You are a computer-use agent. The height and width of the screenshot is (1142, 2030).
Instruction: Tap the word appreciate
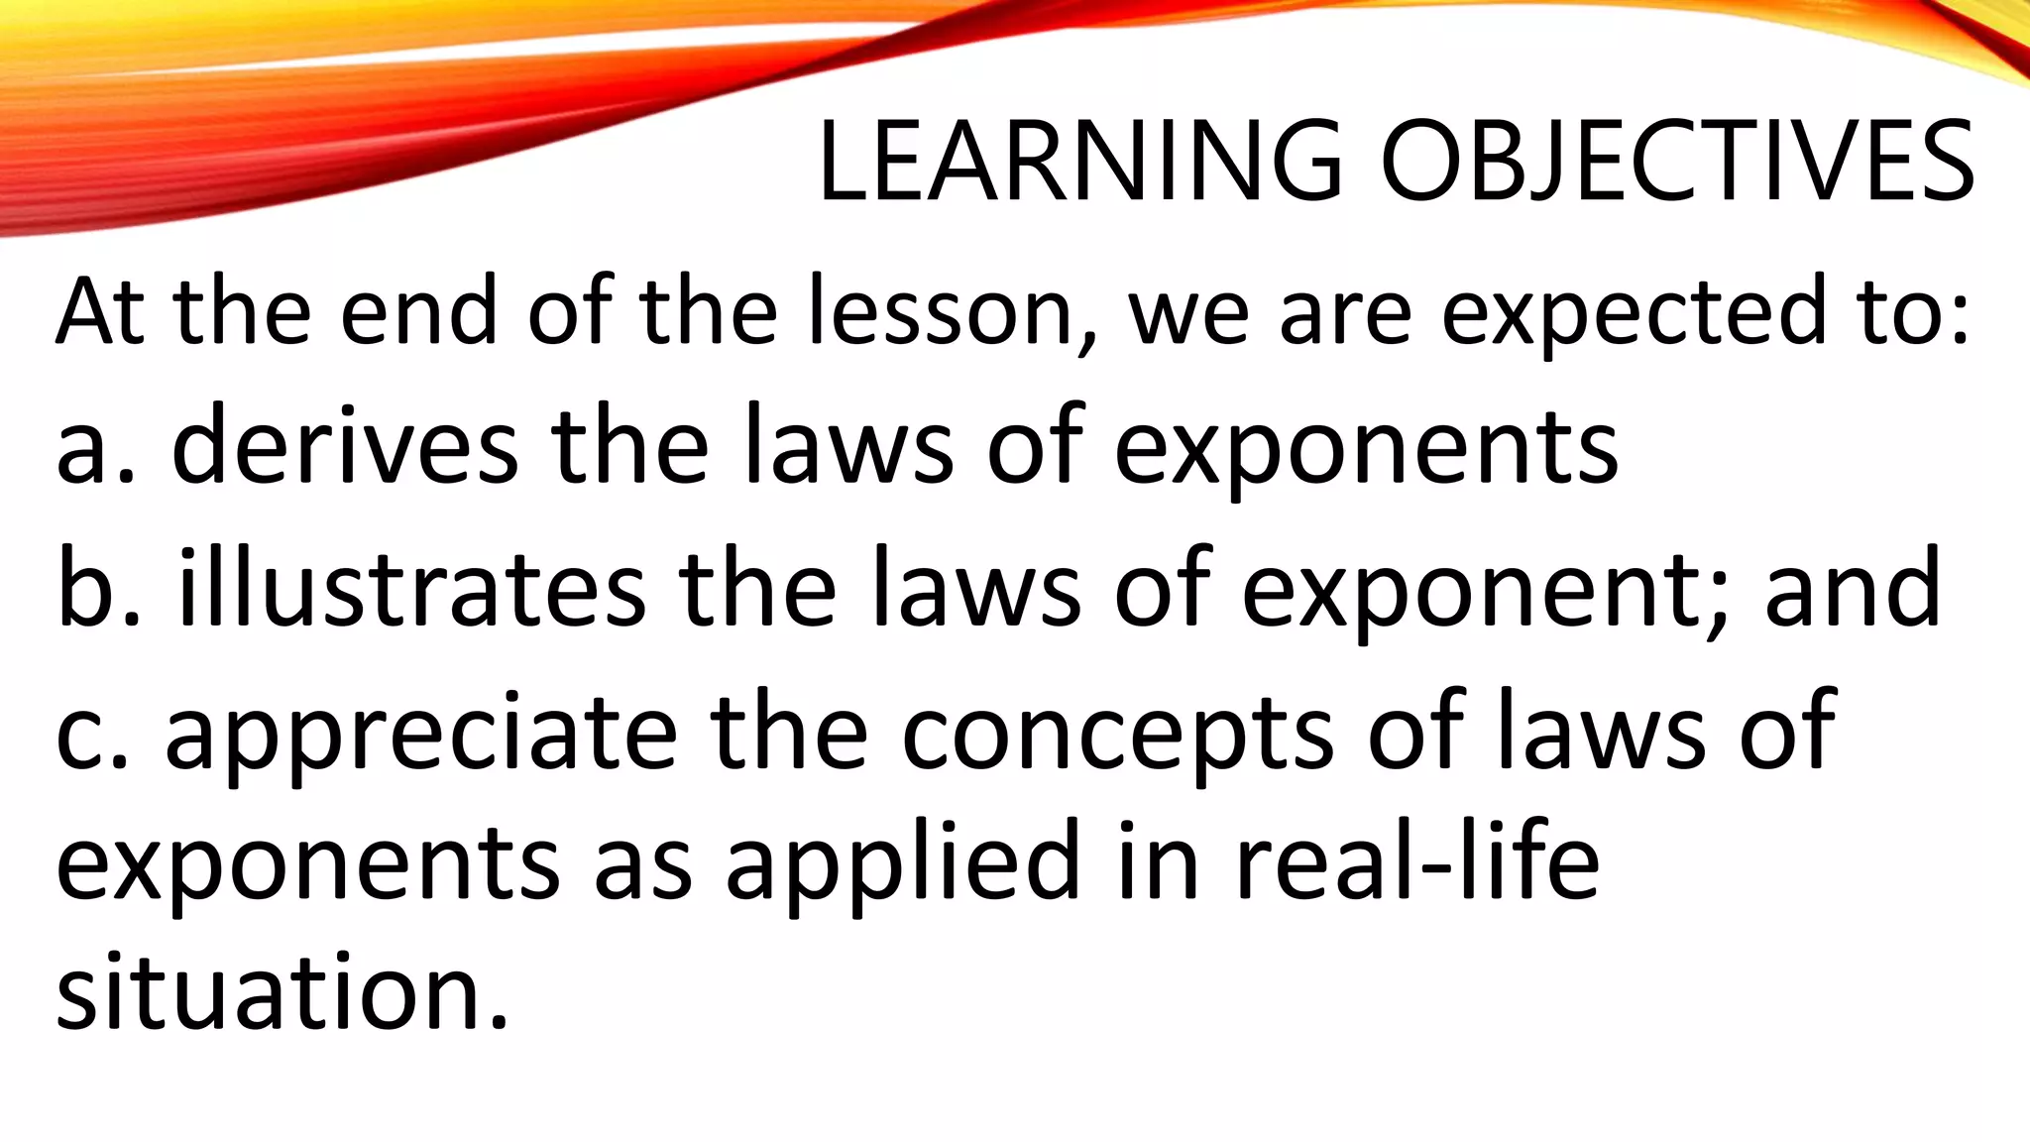click(x=420, y=735)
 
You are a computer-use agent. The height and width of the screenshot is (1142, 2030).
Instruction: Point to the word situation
click(x=282, y=991)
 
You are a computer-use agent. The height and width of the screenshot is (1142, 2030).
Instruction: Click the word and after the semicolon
click(x=1853, y=589)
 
